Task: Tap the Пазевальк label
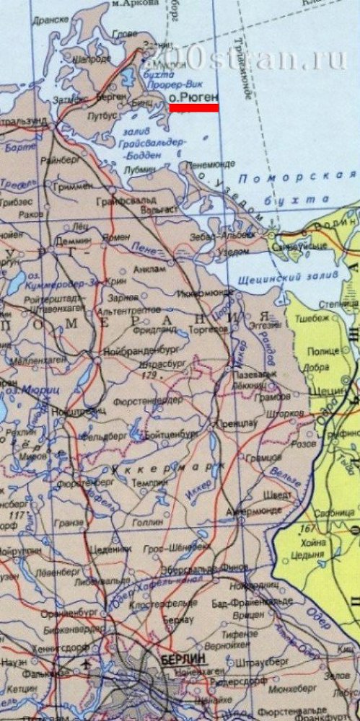coord(256,376)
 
